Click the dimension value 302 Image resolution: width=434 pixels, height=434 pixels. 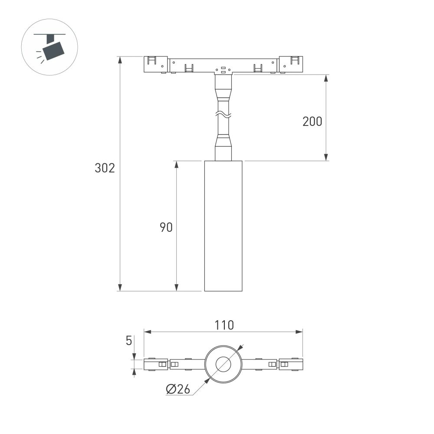click(x=105, y=168)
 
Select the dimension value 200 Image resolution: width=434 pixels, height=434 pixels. click(x=312, y=122)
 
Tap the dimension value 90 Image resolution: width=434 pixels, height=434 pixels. click(x=166, y=227)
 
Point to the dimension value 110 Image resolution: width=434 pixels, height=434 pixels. click(x=224, y=325)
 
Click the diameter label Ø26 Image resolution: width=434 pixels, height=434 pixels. click(x=178, y=390)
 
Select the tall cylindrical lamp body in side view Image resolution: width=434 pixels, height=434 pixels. click(x=223, y=226)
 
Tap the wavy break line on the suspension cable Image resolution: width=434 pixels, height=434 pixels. click(x=223, y=115)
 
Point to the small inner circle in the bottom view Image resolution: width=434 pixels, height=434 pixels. click(x=223, y=365)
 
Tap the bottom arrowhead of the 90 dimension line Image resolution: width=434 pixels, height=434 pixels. click(x=176, y=288)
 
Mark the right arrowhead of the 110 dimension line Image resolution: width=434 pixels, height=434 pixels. click(x=299, y=332)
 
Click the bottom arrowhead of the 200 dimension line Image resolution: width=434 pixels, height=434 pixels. click(x=326, y=158)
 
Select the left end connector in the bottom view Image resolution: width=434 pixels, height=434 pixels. click(x=156, y=365)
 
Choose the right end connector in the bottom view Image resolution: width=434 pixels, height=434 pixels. click(x=291, y=365)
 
